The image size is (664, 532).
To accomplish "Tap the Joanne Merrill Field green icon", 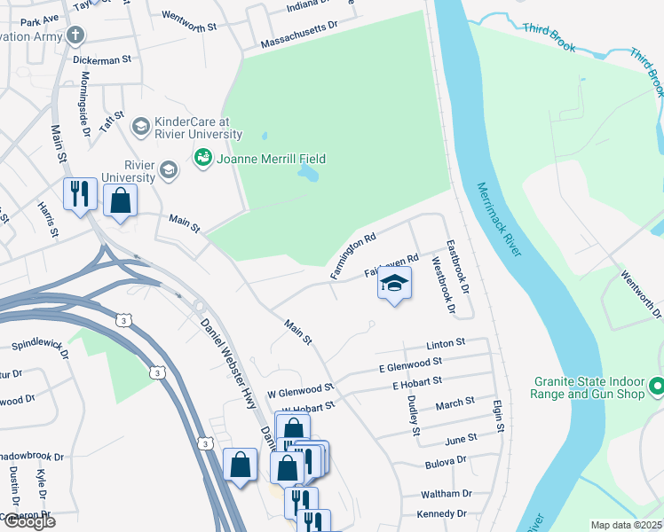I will point(202,159).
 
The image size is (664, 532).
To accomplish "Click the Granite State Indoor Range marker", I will point(657,387).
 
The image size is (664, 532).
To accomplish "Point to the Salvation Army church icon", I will point(76,36).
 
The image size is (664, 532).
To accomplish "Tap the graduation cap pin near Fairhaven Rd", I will point(395,284).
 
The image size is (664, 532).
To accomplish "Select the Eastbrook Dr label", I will point(458,267).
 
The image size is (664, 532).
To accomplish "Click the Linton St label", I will point(446,343).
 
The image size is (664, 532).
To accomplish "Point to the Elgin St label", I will point(500,415).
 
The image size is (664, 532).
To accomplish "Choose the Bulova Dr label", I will point(446,461).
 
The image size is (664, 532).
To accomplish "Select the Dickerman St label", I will point(102,59).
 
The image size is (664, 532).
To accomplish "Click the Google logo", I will point(28,521).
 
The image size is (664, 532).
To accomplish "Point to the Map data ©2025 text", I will point(626,525).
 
